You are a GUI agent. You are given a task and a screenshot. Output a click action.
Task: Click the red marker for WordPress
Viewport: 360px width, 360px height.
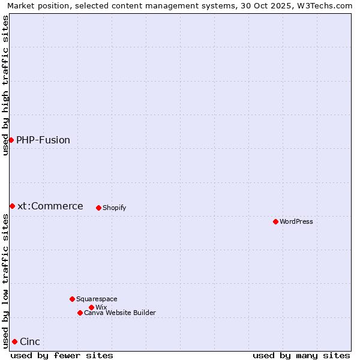pos(275,221)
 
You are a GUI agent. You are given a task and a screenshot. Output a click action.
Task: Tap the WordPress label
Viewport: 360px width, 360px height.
pos(296,221)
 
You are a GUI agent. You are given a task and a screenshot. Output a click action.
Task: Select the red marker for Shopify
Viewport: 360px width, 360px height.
pos(98,208)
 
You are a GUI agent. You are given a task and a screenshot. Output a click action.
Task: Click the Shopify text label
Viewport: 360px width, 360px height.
pos(114,208)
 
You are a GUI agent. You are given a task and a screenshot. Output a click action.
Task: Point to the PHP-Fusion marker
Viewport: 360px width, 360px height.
pos(11,140)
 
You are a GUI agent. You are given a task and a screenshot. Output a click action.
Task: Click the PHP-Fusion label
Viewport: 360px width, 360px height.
pos(43,140)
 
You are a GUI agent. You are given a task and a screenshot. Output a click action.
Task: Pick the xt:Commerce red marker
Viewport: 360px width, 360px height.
pos(12,206)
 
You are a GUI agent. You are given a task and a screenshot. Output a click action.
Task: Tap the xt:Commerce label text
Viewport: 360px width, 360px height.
pos(50,206)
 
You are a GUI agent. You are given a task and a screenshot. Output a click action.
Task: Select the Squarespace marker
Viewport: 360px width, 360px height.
pos(72,299)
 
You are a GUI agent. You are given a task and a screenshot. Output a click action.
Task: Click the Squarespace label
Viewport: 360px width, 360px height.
pos(97,299)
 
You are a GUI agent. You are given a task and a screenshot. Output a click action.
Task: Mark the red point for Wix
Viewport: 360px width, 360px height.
pos(91,307)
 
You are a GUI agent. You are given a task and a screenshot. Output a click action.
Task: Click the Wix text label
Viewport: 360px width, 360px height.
pos(101,307)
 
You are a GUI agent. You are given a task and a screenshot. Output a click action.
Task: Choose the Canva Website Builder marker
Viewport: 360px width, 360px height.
pos(80,313)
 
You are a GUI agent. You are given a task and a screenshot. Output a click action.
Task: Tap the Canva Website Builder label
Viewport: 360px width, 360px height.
pos(119,313)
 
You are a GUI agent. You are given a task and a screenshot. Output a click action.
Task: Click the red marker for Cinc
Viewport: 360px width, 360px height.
pos(14,341)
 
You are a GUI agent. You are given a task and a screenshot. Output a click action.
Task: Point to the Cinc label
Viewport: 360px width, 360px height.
pos(30,341)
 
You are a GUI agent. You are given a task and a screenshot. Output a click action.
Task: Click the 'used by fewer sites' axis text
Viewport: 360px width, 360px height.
pos(62,355)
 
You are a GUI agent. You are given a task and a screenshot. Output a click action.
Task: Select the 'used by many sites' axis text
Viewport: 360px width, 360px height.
pos(301,355)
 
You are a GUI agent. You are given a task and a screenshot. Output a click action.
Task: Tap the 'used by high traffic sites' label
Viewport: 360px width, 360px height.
pos(5,85)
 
